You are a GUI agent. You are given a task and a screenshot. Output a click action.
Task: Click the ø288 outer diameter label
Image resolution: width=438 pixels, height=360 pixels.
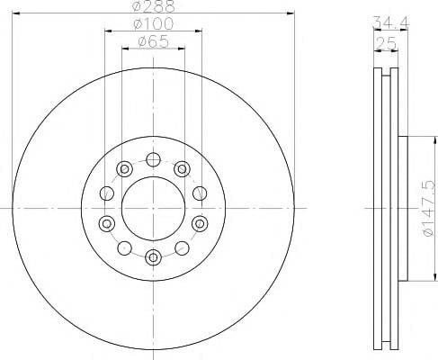click(x=154, y=6)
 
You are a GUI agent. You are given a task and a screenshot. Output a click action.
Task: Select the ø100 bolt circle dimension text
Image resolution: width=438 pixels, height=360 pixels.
click(x=154, y=23)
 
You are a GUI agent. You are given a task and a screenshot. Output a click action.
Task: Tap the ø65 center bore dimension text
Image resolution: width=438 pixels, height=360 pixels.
click(x=154, y=41)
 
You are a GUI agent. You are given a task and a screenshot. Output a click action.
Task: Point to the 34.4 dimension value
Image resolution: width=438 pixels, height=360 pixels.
click(x=390, y=22)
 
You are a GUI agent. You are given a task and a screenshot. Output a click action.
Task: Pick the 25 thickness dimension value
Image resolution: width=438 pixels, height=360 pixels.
click(x=386, y=43)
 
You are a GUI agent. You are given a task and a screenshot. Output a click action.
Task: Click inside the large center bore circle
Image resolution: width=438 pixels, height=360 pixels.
click(x=154, y=208)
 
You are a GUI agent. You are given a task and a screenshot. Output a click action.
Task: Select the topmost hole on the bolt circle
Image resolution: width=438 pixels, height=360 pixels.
click(x=154, y=159)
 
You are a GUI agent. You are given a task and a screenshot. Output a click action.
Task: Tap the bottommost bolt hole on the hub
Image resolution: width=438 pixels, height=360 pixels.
click(x=154, y=257)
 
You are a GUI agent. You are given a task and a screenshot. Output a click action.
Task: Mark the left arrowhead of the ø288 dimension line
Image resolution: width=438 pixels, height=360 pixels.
click(x=15, y=13)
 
